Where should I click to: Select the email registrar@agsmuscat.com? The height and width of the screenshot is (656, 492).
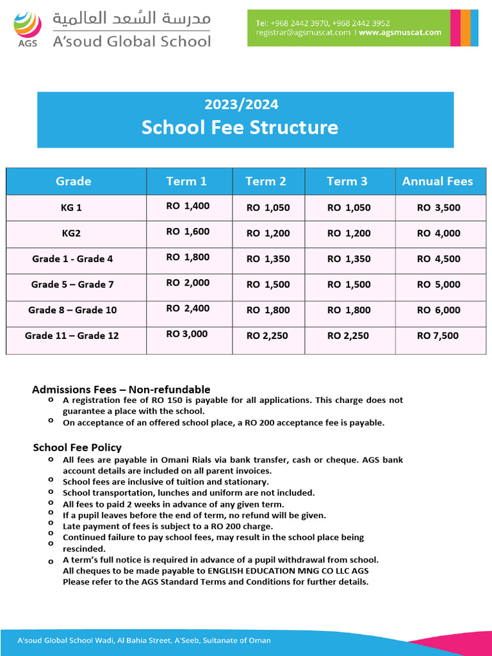(x=303, y=33)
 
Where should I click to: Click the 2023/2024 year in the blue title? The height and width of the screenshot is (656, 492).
(x=241, y=104)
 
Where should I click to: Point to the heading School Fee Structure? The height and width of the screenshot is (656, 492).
(x=240, y=127)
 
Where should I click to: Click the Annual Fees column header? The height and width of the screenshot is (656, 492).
(x=437, y=181)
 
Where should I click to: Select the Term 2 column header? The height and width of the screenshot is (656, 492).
(x=266, y=181)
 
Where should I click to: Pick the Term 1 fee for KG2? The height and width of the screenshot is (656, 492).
(x=188, y=232)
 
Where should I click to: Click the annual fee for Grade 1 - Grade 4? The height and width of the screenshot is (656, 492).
(x=438, y=259)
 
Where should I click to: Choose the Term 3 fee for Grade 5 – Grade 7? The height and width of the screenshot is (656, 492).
(x=348, y=284)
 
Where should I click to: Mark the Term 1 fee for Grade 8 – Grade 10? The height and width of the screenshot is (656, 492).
(x=188, y=308)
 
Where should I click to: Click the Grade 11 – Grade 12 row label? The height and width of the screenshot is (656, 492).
(x=72, y=336)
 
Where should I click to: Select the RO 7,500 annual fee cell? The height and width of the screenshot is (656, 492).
(x=438, y=336)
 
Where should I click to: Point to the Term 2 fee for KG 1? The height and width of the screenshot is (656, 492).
(x=268, y=208)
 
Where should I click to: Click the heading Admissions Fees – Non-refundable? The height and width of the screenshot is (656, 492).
(x=121, y=389)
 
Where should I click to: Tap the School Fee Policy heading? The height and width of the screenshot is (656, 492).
(x=77, y=447)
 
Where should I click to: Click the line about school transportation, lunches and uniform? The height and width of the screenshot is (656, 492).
(x=188, y=493)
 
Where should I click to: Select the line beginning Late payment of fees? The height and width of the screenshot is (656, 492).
(x=176, y=527)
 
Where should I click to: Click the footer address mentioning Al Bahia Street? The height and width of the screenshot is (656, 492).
(x=143, y=641)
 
